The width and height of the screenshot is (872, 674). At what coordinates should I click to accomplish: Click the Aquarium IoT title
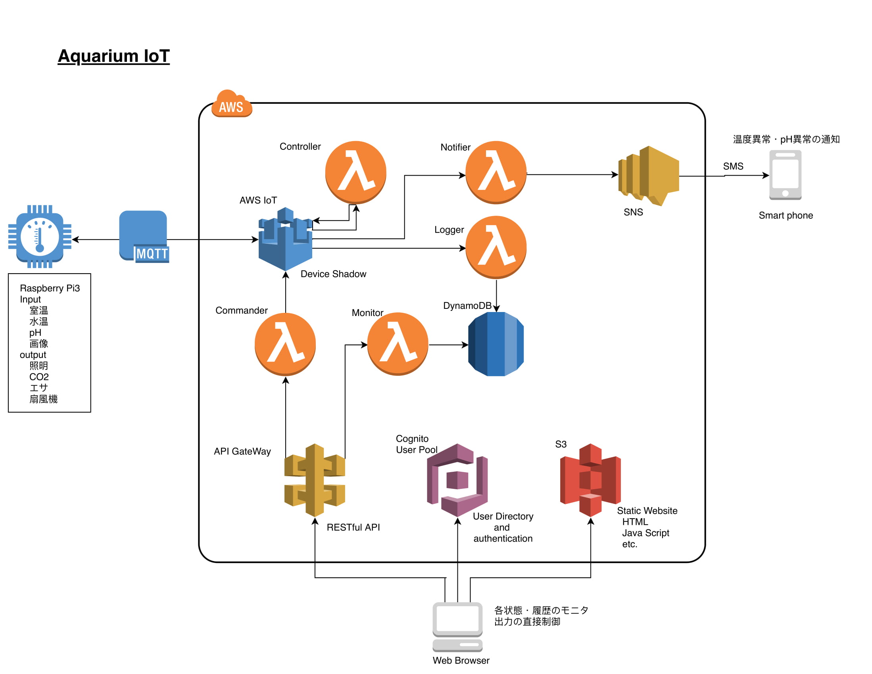114,56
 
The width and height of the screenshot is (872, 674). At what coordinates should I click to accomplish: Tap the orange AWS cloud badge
232,105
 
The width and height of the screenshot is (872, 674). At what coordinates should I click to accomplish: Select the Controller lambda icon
356,172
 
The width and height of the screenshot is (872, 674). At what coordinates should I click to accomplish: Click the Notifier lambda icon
496,172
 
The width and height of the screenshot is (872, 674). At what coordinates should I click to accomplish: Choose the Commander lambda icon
286,344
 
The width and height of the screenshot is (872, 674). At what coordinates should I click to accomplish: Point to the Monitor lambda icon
398,344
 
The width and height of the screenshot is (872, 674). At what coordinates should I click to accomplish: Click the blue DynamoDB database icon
496,344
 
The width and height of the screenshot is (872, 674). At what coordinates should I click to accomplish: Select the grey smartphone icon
786,175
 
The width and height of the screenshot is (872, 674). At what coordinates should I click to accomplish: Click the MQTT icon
144,236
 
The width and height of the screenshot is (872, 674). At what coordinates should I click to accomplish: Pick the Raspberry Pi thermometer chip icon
40,237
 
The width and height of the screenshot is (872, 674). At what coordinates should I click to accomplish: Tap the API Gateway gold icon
315,480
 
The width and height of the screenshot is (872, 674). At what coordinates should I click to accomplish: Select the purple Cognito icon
457,480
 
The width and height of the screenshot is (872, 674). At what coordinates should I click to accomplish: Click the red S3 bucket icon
590,480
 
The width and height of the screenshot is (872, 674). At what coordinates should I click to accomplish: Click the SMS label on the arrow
733,167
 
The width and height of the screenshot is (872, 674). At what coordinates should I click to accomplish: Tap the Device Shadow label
333,274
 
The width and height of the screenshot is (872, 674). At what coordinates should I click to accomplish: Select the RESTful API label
353,528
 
